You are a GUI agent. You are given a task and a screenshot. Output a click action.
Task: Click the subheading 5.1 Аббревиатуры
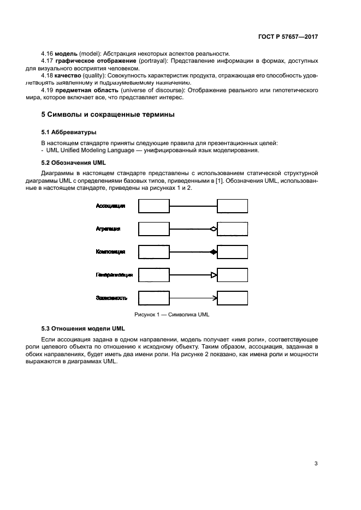69,132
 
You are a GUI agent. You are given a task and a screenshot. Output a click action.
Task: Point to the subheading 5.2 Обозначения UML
74,163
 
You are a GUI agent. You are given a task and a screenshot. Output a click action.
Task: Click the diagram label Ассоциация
111,206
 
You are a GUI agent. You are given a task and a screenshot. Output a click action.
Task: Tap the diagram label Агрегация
108,229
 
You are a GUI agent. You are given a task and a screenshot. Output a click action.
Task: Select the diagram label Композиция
111,252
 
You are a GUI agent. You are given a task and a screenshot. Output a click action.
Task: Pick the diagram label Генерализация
114,275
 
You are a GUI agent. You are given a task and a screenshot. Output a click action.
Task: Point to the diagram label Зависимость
111,298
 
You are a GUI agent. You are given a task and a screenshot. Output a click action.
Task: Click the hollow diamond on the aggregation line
214,229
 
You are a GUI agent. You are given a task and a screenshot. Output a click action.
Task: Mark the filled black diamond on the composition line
214,252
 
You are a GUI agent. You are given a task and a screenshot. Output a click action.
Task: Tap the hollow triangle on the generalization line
214,275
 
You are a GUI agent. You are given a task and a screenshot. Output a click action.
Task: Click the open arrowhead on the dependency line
215,298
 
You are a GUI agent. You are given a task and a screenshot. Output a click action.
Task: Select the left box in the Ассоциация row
153,206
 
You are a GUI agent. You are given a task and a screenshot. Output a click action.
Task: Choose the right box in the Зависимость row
232,298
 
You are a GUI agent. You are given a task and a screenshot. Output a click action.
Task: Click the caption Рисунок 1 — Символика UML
171,315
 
